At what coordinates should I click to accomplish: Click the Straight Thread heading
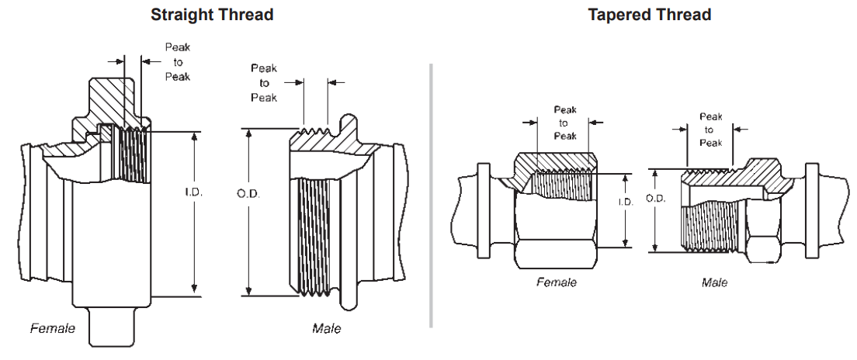coord(212,15)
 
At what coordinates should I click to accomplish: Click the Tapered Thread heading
coord(649,15)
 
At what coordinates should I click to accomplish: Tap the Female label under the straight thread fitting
coord(53,328)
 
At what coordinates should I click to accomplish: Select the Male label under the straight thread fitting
coord(326,328)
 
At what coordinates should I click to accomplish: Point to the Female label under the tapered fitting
coord(557,282)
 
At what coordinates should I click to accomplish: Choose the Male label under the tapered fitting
coord(714,282)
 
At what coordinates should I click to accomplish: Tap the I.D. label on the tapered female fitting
coord(626,202)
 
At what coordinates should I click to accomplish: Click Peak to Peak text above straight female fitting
coord(178,62)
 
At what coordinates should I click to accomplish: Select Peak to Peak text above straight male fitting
coord(264,83)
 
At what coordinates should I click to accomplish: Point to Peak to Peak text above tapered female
coord(564,123)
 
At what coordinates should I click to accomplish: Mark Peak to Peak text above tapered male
coord(710,130)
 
